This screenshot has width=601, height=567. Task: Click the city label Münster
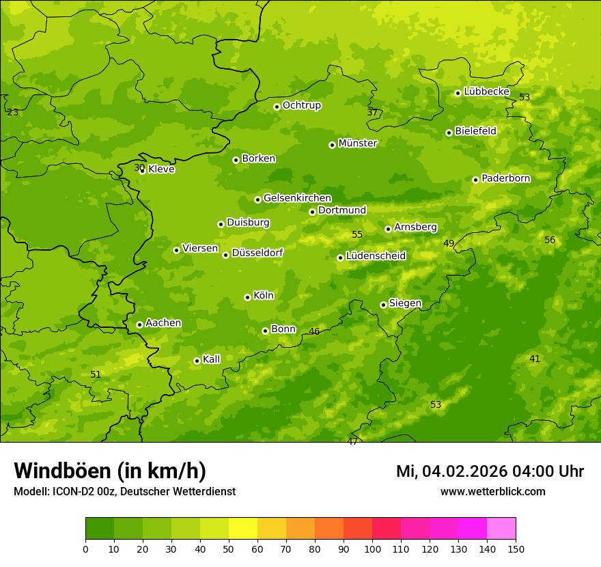(358, 143)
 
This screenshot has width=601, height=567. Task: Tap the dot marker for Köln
(247, 297)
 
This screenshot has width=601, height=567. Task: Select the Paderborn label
(506, 178)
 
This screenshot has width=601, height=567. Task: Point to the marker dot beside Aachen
(139, 324)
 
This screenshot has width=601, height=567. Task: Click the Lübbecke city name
(487, 92)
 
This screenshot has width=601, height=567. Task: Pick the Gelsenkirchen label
(297, 198)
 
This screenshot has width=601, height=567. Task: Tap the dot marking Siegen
(383, 305)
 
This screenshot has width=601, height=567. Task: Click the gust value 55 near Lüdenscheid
(357, 234)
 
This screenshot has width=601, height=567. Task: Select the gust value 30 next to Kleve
(139, 167)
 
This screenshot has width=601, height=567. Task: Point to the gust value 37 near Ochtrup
(372, 112)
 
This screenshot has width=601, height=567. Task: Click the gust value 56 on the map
(550, 240)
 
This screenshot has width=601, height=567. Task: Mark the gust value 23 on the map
(13, 112)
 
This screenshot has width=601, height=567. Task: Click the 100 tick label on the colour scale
(372, 549)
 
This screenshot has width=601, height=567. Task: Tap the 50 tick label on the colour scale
(229, 549)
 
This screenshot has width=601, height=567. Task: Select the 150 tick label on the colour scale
(516, 549)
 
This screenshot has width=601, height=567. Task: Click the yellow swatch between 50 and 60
(243, 529)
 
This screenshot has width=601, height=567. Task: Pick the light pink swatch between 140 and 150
(501, 529)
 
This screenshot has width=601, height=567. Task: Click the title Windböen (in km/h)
(110, 471)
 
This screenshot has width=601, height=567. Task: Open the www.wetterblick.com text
(493, 491)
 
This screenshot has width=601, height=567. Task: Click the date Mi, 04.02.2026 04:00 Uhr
(490, 471)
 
